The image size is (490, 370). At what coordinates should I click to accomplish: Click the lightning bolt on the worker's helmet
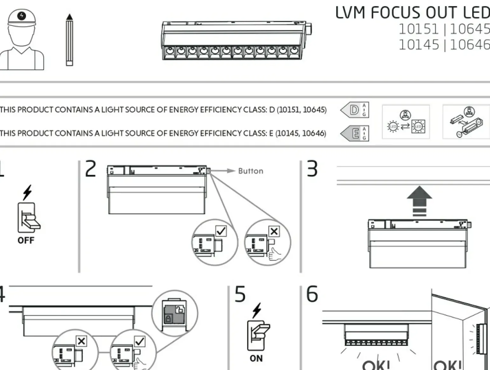tap(22, 16)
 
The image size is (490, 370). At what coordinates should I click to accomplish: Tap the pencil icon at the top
tap(69, 40)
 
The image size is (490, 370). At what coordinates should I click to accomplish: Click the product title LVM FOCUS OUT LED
tap(412, 13)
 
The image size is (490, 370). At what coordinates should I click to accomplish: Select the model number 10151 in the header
tap(418, 29)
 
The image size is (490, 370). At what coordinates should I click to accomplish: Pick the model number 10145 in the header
tap(418, 45)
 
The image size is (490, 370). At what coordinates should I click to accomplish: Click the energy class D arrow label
tap(354, 110)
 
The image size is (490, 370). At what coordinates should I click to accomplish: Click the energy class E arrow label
tap(354, 133)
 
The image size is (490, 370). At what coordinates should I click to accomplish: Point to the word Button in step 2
tap(251, 171)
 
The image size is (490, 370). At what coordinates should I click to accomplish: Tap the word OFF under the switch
tap(26, 240)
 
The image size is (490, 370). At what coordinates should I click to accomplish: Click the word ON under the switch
tap(256, 358)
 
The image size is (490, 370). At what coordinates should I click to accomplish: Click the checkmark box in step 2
tap(221, 231)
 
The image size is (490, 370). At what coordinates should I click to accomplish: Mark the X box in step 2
tap(274, 231)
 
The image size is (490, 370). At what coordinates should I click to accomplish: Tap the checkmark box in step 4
tap(140, 341)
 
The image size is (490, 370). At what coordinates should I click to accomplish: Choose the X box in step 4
tap(81, 341)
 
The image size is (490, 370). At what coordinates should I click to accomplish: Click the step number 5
tap(240, 294)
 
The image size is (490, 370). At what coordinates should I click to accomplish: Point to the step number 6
tap(312, 294)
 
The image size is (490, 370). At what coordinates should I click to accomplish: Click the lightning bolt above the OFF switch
tap(27, 192)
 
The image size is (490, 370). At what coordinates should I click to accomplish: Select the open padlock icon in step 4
tap(180, 309)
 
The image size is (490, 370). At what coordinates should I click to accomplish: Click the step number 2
tap(91, 169)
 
